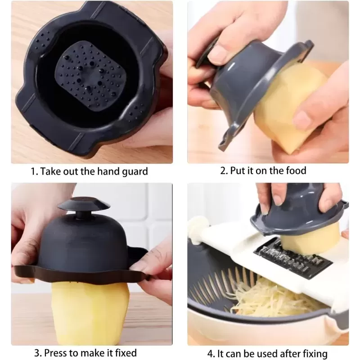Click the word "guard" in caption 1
point(135,172)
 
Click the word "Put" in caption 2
point(238,171)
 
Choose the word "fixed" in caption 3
point(126,353)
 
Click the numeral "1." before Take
point(35,171)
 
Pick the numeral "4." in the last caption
point(211,354)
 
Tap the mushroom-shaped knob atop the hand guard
point(84,208)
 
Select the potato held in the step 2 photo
point(290,108)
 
